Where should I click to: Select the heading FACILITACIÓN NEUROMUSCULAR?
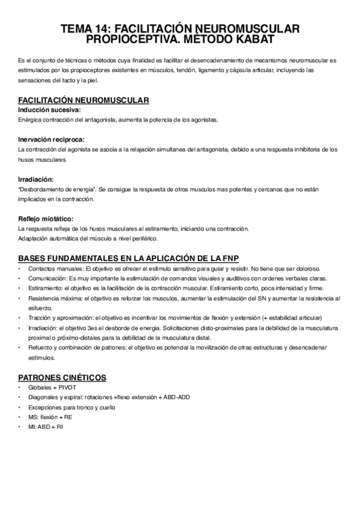pos(84,100)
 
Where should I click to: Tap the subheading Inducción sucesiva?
pos(49,110)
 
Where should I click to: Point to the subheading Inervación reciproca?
pos(51,140)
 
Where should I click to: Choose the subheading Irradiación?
pos(36,179)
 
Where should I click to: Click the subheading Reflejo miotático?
pos(46,219)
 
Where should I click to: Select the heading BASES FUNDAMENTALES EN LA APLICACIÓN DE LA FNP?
pos(129,258)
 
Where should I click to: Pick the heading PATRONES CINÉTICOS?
pos(63,377)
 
